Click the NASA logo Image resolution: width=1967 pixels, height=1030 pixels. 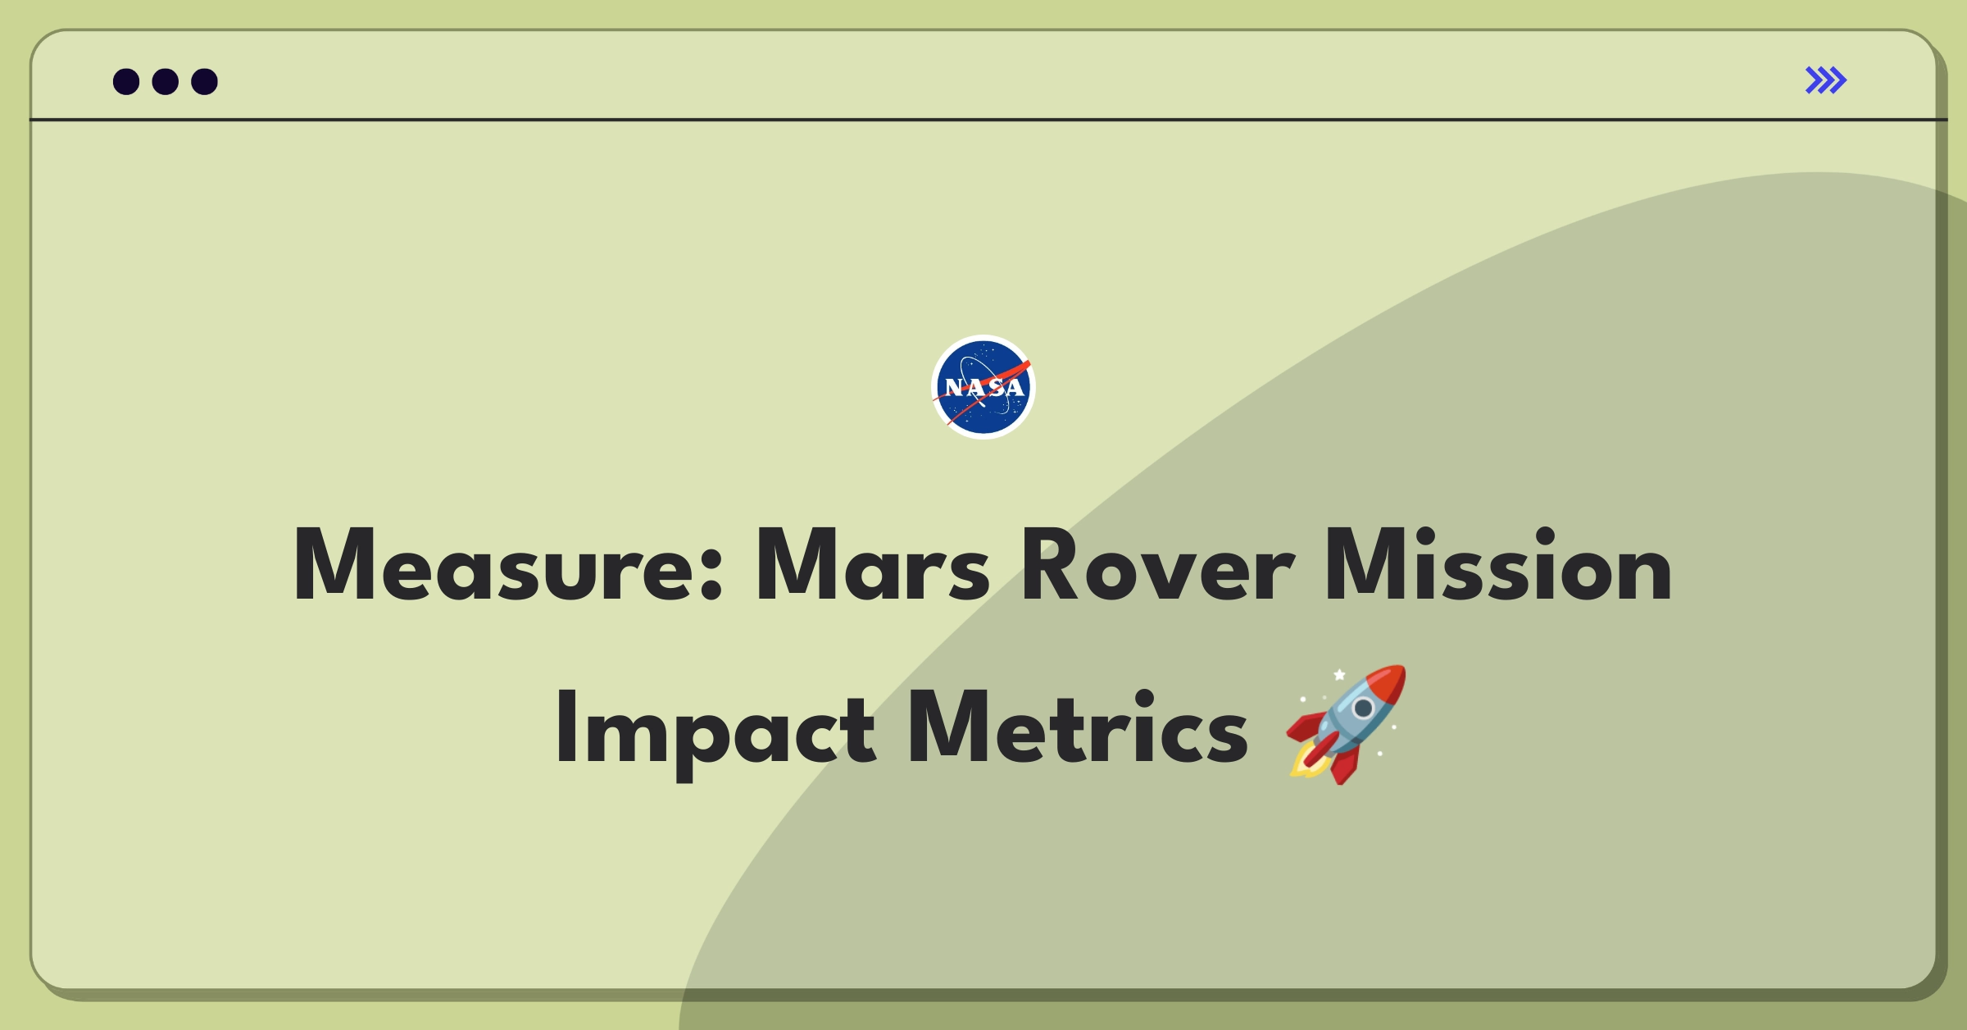tap(983, 387)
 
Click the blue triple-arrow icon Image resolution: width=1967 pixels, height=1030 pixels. tap(1826, 80)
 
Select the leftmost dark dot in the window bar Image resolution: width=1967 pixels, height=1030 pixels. tap(126, 81)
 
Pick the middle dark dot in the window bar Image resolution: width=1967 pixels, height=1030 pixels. tap(166, 81)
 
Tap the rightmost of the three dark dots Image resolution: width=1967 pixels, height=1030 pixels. tap(205, 81)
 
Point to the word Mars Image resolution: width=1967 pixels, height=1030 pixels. tap(872, 566)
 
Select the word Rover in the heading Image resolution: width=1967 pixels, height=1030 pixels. tap(1157, 566)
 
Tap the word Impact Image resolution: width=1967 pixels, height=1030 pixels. tap(716, 728)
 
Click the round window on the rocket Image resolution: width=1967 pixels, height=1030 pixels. tap(1363, 708)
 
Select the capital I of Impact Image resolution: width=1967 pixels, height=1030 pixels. tap(565, 727)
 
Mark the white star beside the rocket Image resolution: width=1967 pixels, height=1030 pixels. tap(1339, 675)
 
